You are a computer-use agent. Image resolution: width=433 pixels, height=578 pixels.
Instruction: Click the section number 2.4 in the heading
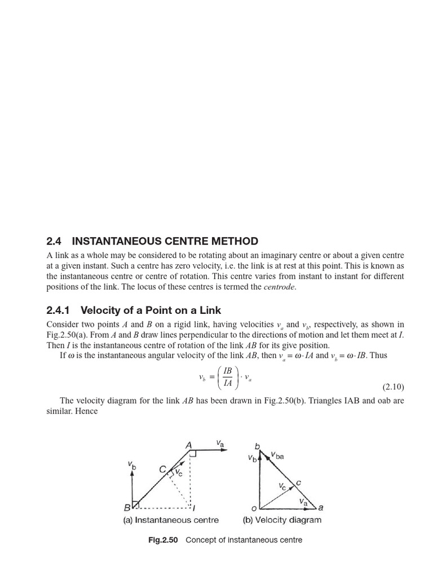pos(54,241)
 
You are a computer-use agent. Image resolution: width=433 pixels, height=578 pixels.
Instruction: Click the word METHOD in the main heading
pos(231,241)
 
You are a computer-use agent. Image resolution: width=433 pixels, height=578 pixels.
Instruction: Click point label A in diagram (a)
pos(189,446)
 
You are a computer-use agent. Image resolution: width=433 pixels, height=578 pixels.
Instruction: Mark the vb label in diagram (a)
pos(132,466)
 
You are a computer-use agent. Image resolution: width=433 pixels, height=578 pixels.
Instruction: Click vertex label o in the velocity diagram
pos(254,507)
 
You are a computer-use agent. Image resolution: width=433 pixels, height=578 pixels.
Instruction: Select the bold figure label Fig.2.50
pos(163,540)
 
